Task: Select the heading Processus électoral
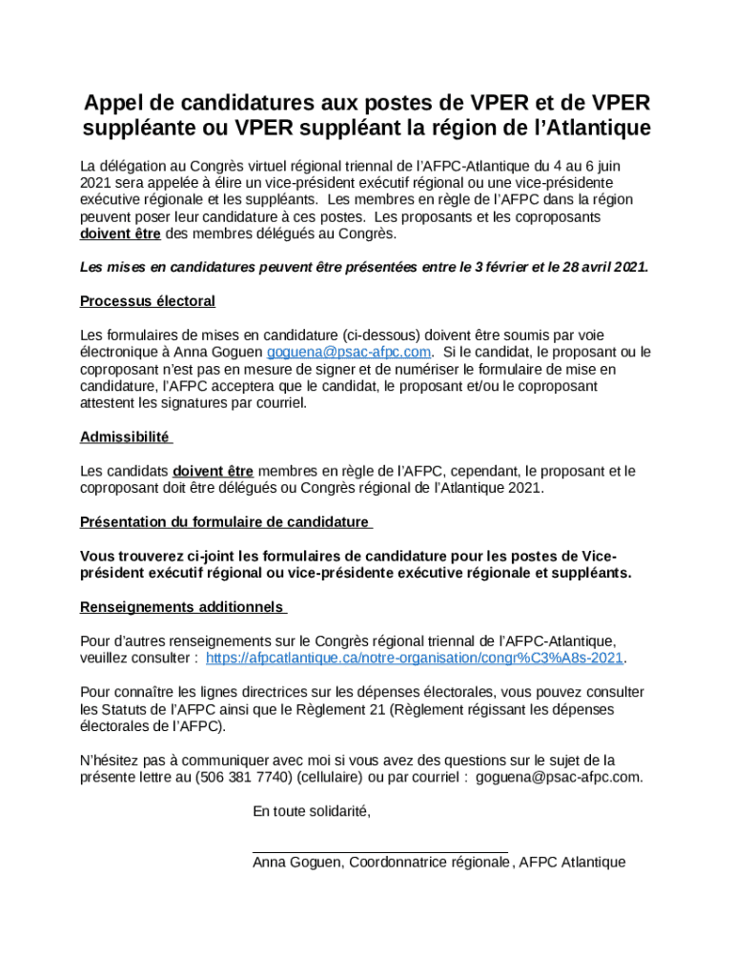148,301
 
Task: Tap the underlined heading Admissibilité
125,437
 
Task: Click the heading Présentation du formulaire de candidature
225,521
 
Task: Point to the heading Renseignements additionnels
182,607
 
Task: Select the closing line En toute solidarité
312,811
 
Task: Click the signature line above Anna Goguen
379,851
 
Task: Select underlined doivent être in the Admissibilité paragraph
213,471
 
